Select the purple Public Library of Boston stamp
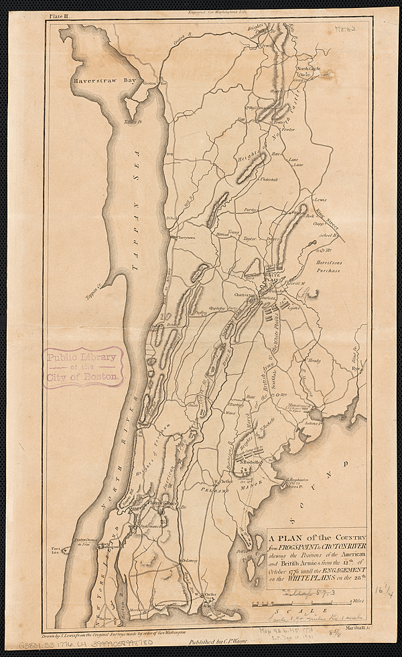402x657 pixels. click(84, 367)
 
